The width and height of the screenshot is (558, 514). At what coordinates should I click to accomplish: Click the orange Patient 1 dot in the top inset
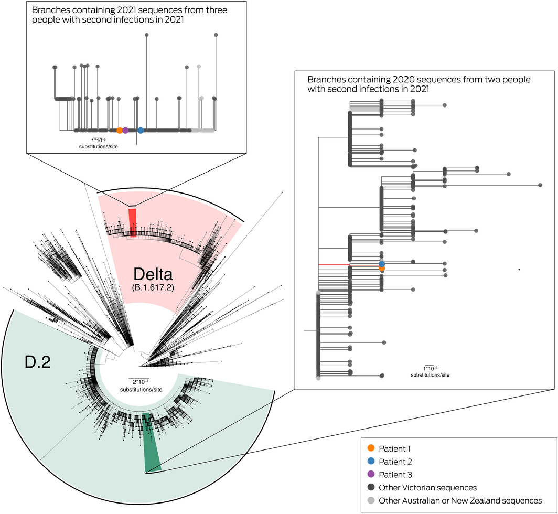pos(120,130)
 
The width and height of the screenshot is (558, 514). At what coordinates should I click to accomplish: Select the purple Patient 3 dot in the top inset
pos(126,130)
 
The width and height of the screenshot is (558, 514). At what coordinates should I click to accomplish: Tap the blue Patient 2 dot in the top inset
pos(141,130)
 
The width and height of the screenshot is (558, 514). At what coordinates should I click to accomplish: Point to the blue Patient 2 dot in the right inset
pos(382,263)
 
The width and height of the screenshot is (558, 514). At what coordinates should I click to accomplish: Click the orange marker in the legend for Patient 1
pos(371,448)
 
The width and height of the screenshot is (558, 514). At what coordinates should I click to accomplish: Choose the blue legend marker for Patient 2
pos(371,462)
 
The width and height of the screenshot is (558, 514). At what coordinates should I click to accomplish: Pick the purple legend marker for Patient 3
pos(371,475)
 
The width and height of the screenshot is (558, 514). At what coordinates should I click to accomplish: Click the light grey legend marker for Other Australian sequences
pos(371,501)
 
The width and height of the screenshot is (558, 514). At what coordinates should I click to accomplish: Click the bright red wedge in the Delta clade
pos(133,223)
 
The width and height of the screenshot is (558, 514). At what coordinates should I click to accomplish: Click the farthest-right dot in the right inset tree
pos(540,185)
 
